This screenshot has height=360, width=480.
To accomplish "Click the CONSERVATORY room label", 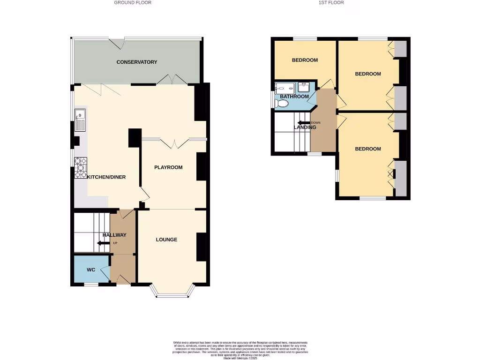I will click(137, 62).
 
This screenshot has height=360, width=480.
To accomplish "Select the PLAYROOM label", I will click(168, 167).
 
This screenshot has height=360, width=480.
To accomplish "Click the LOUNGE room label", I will click(166, 240).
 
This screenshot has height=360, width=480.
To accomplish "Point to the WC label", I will click(90, 270).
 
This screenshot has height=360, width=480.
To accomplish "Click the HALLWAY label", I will click(114, 235).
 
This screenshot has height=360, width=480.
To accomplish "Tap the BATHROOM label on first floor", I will click(294, 97).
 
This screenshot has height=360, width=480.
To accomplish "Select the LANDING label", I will click(305, 127).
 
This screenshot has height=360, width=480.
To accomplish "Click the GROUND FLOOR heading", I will click(133, 2).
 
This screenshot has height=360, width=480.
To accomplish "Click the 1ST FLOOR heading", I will click(331, 2).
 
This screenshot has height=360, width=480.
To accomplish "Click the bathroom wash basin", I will click(304, 86).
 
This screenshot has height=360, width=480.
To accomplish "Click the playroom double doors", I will click(174, 142).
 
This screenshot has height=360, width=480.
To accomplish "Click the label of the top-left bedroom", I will click(305, 60).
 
